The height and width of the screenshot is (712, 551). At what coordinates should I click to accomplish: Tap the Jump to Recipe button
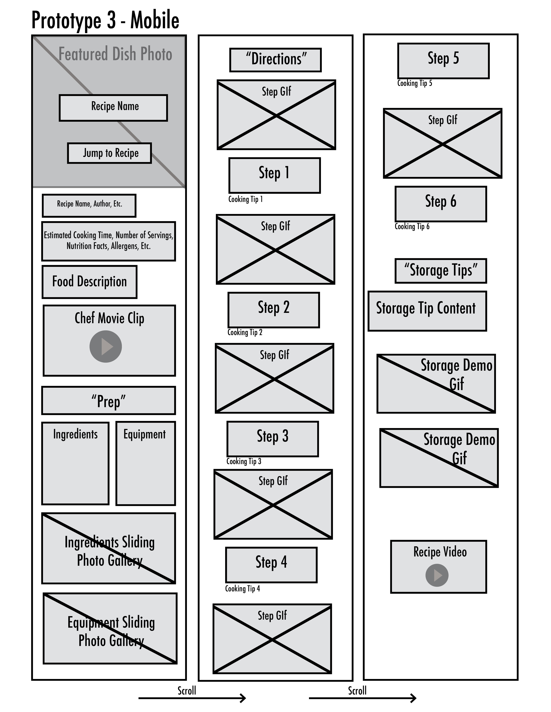click(x=109, y=153)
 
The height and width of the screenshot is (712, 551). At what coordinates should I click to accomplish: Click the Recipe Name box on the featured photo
click(x=113, y=108)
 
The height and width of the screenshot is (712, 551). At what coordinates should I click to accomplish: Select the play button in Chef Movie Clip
click(x=106, y=346)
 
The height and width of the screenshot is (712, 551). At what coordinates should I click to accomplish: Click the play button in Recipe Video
click(x=437, y=575)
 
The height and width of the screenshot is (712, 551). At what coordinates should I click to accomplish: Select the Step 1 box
click(x=274, y=175)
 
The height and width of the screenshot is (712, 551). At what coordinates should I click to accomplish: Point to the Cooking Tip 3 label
click(x=244, y=461)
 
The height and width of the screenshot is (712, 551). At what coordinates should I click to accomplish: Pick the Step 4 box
click(x=271, y=565)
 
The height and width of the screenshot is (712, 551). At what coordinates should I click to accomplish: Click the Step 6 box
click(x=441, y=204)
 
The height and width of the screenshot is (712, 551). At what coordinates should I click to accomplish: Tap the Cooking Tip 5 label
click(x=415, y=83)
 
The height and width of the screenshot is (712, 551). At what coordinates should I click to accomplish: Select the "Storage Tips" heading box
click(x=441, y=271)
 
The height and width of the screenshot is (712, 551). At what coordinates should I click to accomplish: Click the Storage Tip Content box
click(x=427, y=311)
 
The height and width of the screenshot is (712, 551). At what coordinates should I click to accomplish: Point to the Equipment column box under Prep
click(x=146, y=463)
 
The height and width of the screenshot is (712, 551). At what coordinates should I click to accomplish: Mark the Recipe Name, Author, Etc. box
click(x=89, y=206)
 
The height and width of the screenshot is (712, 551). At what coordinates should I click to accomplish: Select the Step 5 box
click(x=443, y=61)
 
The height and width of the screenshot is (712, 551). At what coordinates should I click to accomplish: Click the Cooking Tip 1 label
click(x=245, y=199)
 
